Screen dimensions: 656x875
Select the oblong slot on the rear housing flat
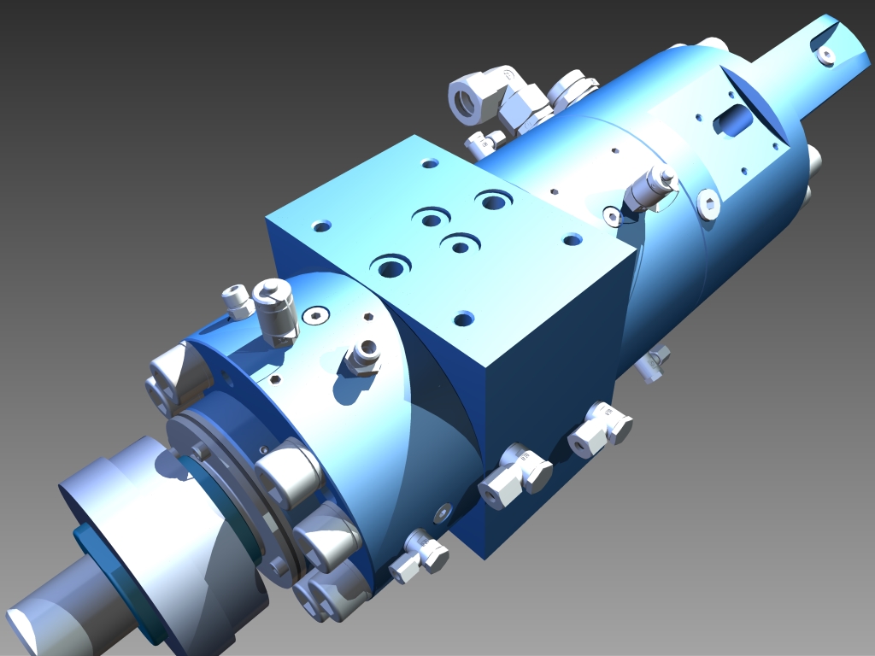click(733, 120)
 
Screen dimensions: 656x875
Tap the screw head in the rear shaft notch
click(826, 56)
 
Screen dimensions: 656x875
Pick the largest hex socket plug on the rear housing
click(708, 204)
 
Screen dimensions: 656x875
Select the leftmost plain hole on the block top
click(321, 226)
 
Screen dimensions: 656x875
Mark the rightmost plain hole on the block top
click(573, 239)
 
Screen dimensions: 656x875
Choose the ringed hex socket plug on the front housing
click(314, 316)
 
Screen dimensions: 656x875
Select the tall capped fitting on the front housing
click(274, 308)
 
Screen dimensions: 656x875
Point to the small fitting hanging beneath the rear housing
click(655, 362)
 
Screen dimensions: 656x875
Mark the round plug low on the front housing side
click(442, 512)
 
